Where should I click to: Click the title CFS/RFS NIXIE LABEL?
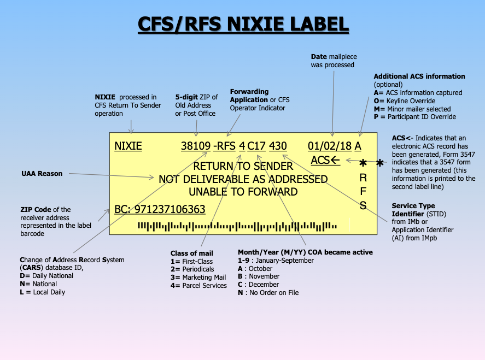[242, 24]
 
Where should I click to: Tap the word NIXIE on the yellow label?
[128, 146]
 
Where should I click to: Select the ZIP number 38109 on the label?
[196, 146]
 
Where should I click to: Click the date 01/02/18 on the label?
[330, 146]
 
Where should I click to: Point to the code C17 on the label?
[256, 146]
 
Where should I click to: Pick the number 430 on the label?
[278, 146]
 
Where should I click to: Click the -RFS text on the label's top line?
[225, 146]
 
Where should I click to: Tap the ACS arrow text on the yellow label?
[325, 160]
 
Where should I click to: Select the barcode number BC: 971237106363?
[160, 209]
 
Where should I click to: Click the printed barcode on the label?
[237, 225]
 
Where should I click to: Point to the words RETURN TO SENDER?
[243, 166]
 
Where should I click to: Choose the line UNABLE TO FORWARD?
[243, 192]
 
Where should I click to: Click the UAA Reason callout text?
[42, 174]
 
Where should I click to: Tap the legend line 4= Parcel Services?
[198, 285]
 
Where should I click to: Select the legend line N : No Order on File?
[268, 292]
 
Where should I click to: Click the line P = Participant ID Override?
[414, 116]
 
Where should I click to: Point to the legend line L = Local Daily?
[42, 292]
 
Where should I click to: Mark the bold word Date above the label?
[319, 57]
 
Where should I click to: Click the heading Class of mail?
[191, 253]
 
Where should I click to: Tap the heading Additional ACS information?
[419, 76]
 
